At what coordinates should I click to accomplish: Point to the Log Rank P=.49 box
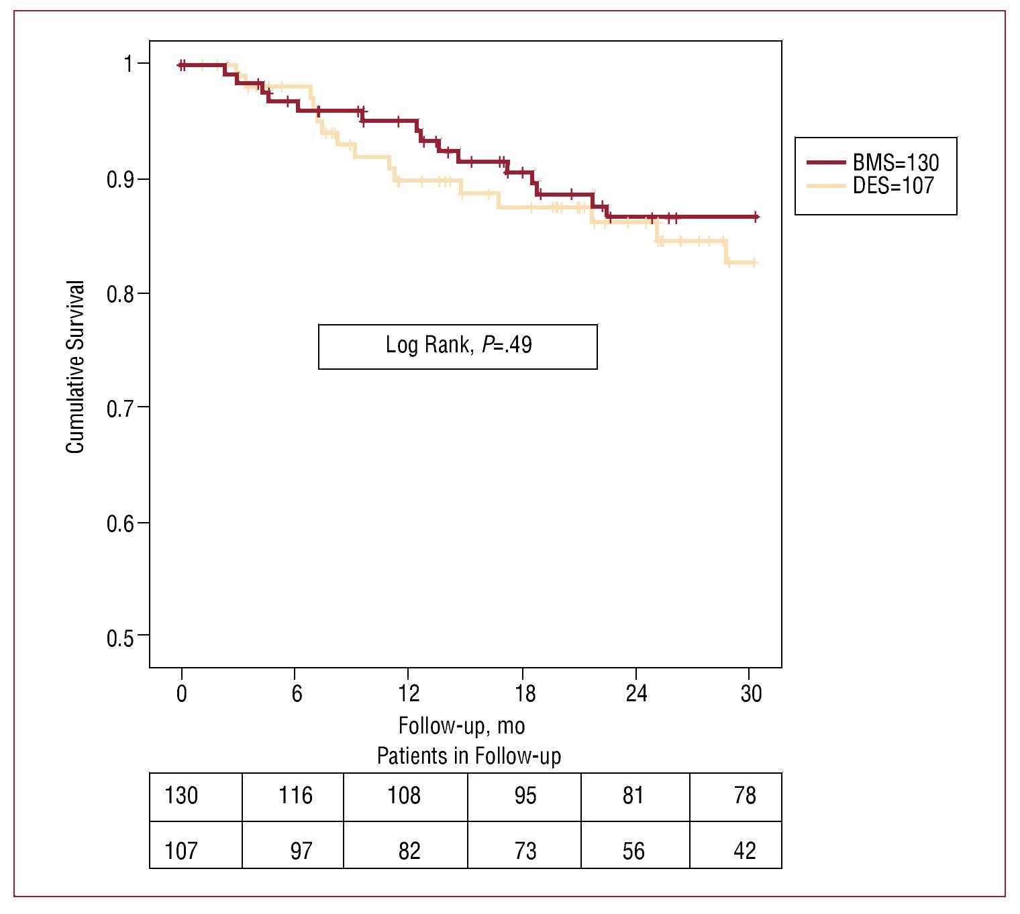coord(458,346)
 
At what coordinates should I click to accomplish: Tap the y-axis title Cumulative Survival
coord(76,366)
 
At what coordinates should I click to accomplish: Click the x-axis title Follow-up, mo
coord(462,725)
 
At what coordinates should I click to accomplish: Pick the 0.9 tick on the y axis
coord(121,180)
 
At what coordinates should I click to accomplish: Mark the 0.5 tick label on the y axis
coord(120,638)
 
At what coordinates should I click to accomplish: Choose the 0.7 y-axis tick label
coord(120,408)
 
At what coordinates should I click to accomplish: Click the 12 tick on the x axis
coord(409,693)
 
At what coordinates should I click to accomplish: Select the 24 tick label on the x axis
coord(636,693)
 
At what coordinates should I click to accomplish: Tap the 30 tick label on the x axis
coord(751,693)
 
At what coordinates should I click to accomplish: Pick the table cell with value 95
coord(525,796)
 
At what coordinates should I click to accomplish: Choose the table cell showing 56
coord(633,851)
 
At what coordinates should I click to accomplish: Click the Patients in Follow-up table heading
coord(468,756)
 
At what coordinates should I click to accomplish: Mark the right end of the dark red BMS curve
coord(756,217)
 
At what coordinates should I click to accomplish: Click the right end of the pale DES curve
coord(755,262)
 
